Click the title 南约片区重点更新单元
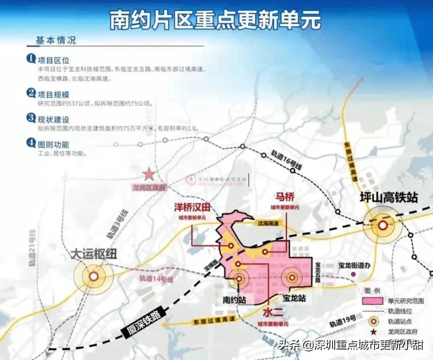(x=215, y=19)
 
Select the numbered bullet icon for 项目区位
(x=31, y=58)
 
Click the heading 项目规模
(x=53, y=94)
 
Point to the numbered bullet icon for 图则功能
(x=31, y=143)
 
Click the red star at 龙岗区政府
(x=149, y=174)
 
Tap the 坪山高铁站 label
(x=389, y=198)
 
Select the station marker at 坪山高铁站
(x=383, y=225)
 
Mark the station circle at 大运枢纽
(x=94, y=276)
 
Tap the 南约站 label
(x=235, y=299)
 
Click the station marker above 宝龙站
(x=292, y=277)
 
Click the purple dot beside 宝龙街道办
(x=353, y=274)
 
